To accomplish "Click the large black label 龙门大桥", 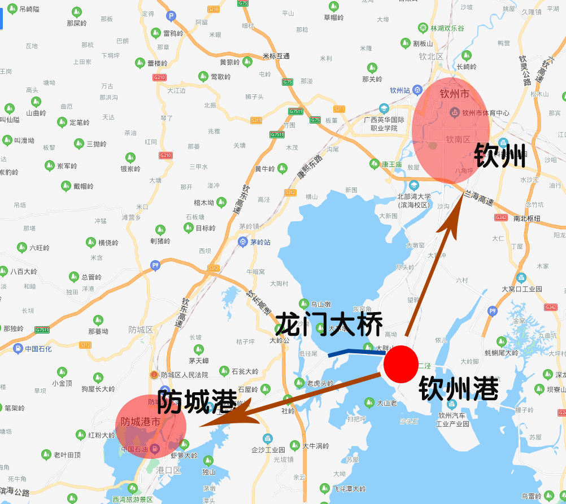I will point(329,325).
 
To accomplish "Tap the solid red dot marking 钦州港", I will point(400,365).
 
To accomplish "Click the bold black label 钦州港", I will point(458,389).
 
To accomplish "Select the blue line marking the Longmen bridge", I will point(356,352).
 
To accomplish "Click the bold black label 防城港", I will point(197,402).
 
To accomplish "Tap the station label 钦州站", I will point(400,90).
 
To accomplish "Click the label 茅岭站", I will point(260,242).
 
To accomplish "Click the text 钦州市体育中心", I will point(485,113).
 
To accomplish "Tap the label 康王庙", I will point(391,164).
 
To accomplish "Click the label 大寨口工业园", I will point(522,289).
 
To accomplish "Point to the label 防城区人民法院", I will point(184,374).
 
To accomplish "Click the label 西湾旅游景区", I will point(133,499).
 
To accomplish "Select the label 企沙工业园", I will point(268,450).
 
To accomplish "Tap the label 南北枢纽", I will point(527,218).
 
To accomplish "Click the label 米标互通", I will point(276,56).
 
